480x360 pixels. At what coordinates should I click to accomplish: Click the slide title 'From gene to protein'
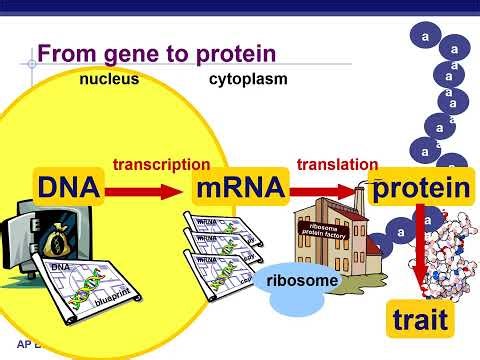point(155,53)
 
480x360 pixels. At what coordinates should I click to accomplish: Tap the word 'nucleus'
point(109,79)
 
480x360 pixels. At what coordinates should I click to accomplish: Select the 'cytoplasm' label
point(248,79)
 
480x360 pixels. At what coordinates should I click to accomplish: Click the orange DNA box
point(68,187)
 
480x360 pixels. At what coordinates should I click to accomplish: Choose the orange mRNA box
point(241,187)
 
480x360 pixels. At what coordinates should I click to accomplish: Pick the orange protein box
point(420,187)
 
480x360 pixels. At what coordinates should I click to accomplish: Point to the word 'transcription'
point(161,164)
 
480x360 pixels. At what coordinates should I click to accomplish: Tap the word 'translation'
point(337,164)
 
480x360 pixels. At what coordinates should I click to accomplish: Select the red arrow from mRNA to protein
point(329,188)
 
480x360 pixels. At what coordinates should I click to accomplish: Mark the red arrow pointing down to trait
point(420,250)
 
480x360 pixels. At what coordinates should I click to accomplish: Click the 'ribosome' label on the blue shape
point(302,281)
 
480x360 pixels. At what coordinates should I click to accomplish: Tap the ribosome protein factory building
point(330,240)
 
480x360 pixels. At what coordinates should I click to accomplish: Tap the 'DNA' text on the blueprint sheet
point(62,268)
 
